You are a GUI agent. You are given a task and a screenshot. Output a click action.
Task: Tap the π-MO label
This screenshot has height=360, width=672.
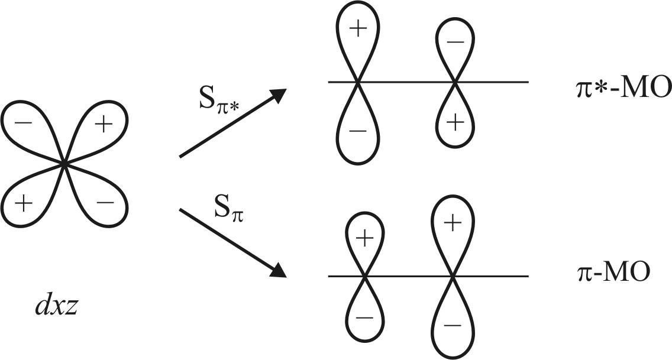613,274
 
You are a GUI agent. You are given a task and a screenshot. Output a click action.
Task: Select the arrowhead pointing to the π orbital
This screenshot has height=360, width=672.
279,271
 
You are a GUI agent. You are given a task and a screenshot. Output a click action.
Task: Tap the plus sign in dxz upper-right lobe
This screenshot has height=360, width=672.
104,125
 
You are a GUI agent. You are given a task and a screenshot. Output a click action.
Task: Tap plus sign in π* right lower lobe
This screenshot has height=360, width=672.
454,123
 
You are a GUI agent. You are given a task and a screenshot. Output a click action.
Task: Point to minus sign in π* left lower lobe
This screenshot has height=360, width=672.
357,131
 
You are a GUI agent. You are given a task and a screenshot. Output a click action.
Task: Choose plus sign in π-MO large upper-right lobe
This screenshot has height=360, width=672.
453,223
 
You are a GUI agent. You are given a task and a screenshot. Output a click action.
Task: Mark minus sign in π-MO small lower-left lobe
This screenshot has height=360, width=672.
365,316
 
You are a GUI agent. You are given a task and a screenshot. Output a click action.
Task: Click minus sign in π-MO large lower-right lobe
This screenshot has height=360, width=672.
453,325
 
